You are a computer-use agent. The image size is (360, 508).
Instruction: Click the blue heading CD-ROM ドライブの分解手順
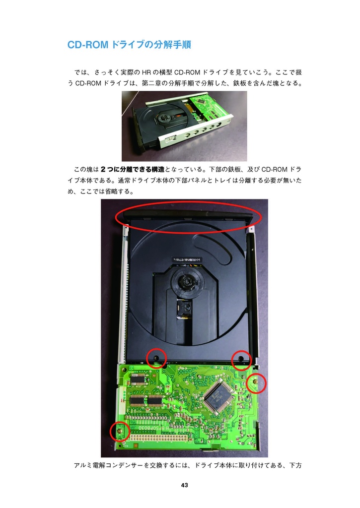tap(129, 45)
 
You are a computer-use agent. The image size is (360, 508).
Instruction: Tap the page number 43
tap(185, 485)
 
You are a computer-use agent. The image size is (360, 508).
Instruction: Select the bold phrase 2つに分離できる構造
tap(132, 170)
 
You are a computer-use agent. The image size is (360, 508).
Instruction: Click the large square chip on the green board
tap(219, 395)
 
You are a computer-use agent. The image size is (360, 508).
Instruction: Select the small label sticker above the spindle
tap(187, 260)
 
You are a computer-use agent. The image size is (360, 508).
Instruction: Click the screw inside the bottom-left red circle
tap(119, 431)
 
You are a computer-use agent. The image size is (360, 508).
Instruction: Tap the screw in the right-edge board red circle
tap(255, 382)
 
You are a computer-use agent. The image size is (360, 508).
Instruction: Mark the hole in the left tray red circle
tap(156, 358)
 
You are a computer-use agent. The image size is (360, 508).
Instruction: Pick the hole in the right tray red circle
tap(241, 359)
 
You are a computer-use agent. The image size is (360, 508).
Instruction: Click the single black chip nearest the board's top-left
tap(139, 379)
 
